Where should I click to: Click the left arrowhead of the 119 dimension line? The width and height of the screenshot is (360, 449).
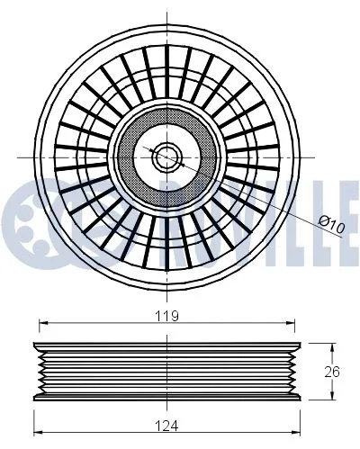click(39, 325)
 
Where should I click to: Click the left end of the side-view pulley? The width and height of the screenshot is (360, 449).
click(36, 371)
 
